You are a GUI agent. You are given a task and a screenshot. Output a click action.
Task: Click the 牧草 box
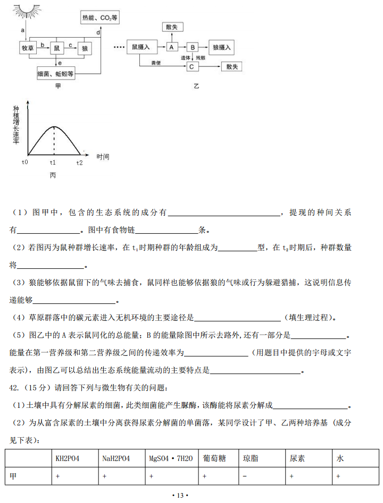coord(27,48)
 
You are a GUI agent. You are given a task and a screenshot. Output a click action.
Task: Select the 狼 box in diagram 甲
coord(85,48)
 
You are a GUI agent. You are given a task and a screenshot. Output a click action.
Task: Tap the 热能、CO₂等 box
coord(100,18)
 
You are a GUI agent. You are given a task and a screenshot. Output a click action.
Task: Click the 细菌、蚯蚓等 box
coord(55,73)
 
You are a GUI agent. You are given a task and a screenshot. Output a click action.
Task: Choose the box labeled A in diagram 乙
coord(171,47)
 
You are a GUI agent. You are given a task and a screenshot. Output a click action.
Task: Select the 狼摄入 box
coord(221,47)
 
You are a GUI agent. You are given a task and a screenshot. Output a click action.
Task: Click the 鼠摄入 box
coord(140,47)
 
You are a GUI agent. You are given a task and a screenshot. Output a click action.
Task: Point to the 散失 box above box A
coord(171,27)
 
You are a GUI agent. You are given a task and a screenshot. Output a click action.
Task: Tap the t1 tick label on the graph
coord(53,162)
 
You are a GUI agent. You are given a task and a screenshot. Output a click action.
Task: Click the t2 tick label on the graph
coord(79,162)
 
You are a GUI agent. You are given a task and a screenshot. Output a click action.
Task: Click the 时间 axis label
coord(103,157)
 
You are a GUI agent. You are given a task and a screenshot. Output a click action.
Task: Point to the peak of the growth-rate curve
coord(53,127)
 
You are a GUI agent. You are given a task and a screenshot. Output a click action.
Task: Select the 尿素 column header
coord(297,458)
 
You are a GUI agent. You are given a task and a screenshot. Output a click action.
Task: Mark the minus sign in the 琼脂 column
coord(244,476)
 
